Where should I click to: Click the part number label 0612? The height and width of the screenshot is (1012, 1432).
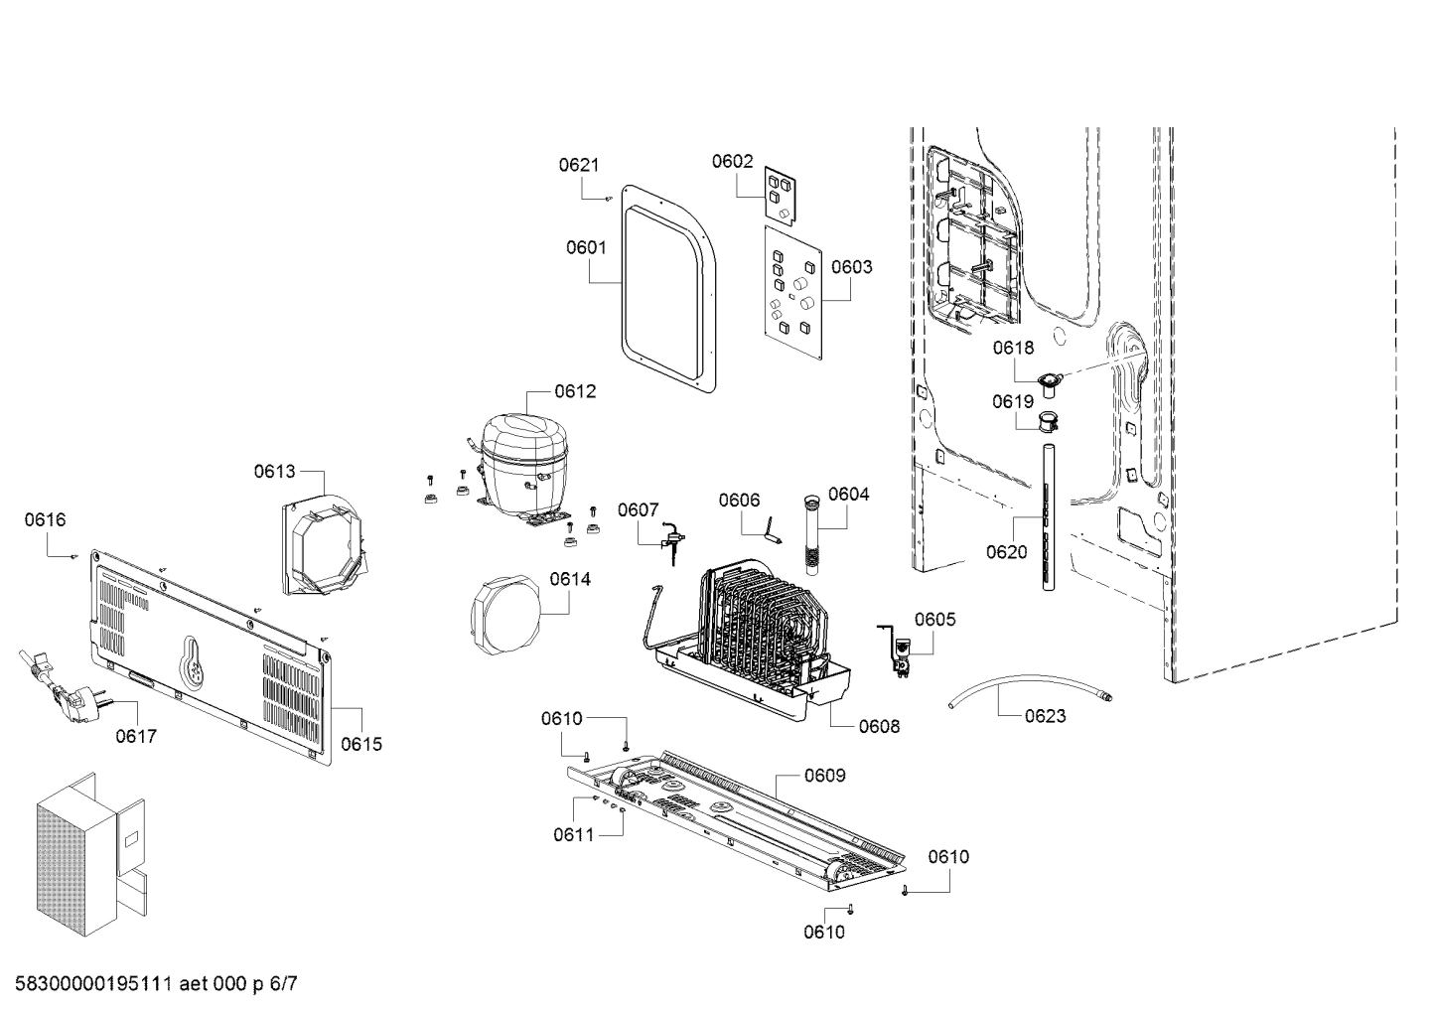pos(575,391)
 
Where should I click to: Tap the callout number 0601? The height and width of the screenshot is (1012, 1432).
pos(586,247)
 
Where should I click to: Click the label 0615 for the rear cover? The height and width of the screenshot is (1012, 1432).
pos(360,744)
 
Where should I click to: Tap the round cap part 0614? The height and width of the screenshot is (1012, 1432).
pos(503,620)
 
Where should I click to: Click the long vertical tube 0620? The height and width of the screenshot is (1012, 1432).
pos(1049,516)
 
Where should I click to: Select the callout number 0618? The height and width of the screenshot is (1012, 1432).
pos(1013,348)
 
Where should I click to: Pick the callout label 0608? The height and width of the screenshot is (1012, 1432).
pos(879,726)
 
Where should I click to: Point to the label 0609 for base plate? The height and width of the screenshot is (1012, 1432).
pos(825,775)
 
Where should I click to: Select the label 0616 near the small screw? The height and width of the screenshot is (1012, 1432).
pos(46,519)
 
